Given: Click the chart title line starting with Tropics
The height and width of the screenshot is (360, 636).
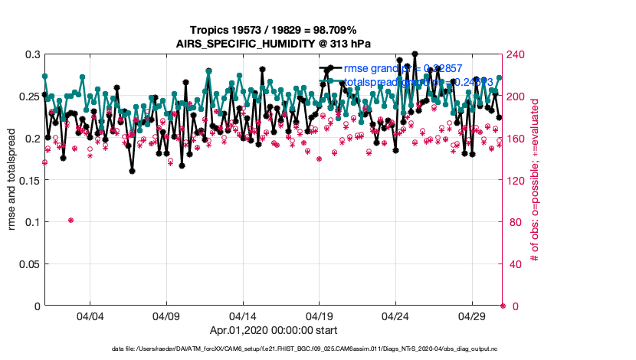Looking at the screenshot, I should pos(274,28).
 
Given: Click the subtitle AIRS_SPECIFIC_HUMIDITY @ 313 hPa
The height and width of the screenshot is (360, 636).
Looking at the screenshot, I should pos(274,42).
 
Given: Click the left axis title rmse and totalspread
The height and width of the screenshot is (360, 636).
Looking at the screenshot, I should pos(12,180).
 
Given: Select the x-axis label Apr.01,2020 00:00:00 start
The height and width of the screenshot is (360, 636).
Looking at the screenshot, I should pos(274,331).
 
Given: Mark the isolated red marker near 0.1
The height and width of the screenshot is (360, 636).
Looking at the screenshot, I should pos(70,220).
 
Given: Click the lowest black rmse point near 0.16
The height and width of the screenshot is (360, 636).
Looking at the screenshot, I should pos(132,171).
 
